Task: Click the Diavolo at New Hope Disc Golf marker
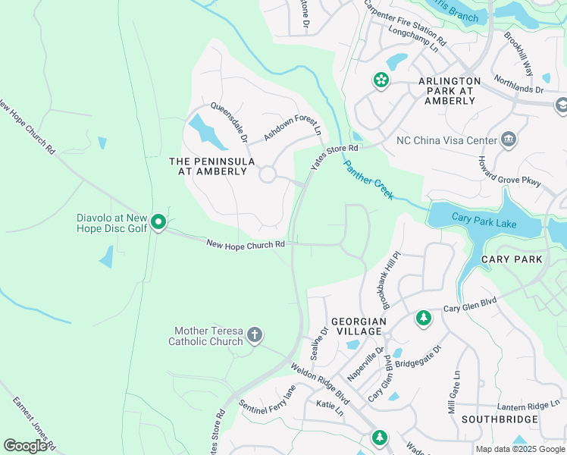click(x=158, y=222)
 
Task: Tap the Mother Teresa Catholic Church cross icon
click(x=255, y=334)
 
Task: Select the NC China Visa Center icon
click(x=509, y=140)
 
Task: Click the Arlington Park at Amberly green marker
click(x=380, y=80)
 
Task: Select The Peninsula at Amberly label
click(x=208, y=166)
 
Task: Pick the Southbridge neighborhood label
click(x=500, y=419)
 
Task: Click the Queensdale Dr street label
click(x=229, y=123)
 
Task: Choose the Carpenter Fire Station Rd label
click(x=404, y=21)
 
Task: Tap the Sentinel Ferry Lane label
click(x=268, y=401)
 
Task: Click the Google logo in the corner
click(x=25, y=446)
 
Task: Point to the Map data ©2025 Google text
click(x=521, y=449)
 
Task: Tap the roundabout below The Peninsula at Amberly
click(x=267, y=175)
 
